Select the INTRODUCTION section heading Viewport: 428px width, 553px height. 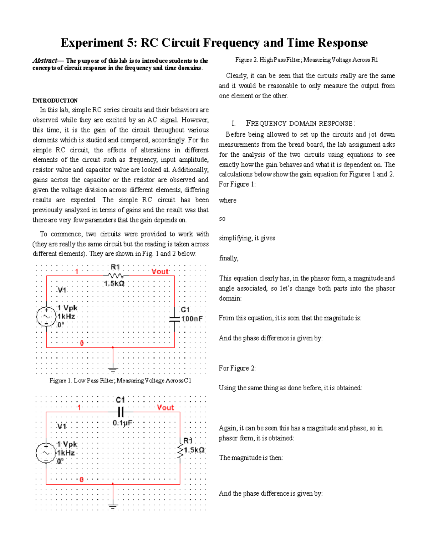pos(55,100)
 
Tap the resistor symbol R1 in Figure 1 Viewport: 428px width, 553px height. pos(115,276)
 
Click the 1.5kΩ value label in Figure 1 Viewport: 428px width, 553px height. pos(114,284)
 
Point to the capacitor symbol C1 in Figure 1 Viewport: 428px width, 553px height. pos(174,319)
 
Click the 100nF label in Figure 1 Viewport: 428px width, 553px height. pos(192,319)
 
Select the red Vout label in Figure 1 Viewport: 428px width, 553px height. pos(160,272)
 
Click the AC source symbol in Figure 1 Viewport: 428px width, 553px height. pos(46,316)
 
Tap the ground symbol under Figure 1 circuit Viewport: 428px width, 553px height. pos(113,369)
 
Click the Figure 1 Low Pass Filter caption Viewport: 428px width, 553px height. pos(121,381)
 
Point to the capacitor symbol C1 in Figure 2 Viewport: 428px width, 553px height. pos(121,412)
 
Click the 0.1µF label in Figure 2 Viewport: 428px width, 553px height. pos(122,423)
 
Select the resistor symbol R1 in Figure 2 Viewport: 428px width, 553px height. pos(180,452)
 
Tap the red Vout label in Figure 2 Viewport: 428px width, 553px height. pos(165,408)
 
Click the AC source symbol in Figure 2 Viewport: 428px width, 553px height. pos(46,453)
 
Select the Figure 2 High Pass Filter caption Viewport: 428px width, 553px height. pos(307,60)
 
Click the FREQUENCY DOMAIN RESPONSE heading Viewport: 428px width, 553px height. pos(300,124)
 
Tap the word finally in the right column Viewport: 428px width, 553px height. pos(229,258)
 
